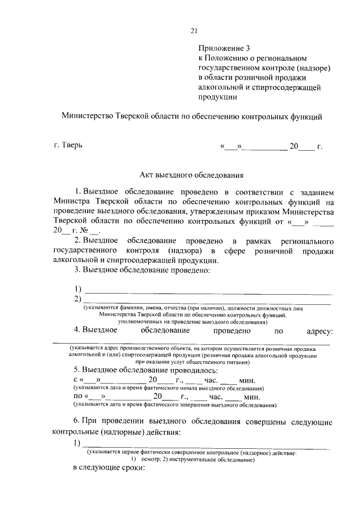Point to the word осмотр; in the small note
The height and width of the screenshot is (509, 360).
pyautogui.click(x=149, y=460)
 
